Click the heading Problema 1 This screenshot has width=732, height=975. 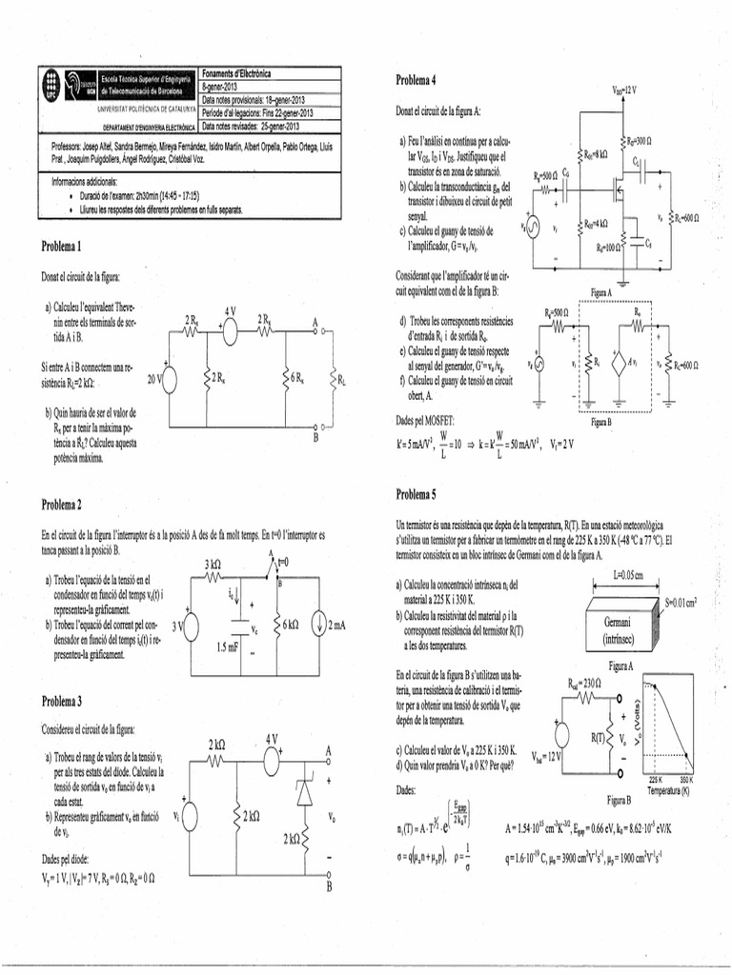[x=61, y=247]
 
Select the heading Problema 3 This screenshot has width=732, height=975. [x=61, y=701]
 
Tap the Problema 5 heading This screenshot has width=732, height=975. [x=416, y=494]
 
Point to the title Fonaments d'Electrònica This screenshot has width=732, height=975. [x=237, y=73]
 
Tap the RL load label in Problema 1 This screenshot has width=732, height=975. [x=342, y=381]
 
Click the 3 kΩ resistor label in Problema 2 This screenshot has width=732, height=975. [x=213, y=564]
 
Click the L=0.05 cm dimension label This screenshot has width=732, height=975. [x=627, y=575]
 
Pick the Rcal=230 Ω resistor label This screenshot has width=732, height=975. [x=587, y=683]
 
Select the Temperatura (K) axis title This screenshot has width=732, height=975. [x=666, y=789]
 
